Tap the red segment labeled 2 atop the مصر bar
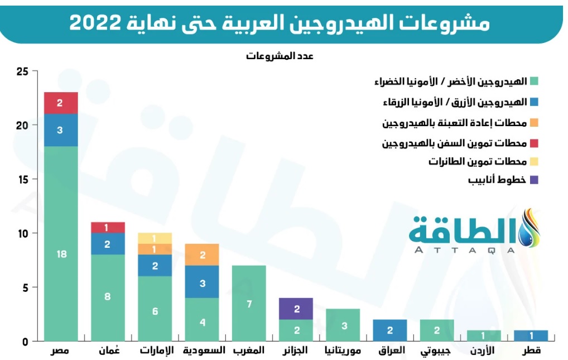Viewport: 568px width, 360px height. [x=61, y=103]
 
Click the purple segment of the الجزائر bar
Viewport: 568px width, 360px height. [x=296, y=309]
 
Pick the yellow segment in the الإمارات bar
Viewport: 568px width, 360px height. [x=155, y=238]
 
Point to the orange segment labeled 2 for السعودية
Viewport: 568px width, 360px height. [x=202, y=255]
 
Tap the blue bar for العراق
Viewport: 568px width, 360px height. [x=390, y=330]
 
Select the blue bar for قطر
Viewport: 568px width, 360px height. [x=531, y=335]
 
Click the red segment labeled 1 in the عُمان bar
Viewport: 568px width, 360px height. [x=108, y=227]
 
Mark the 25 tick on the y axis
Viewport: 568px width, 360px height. [x=22, y=71]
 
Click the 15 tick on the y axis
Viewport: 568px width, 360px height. [x=22, y=179]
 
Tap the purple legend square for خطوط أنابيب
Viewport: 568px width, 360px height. [x=534, y=180]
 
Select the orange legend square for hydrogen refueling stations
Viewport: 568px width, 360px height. [x=534, y=122]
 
